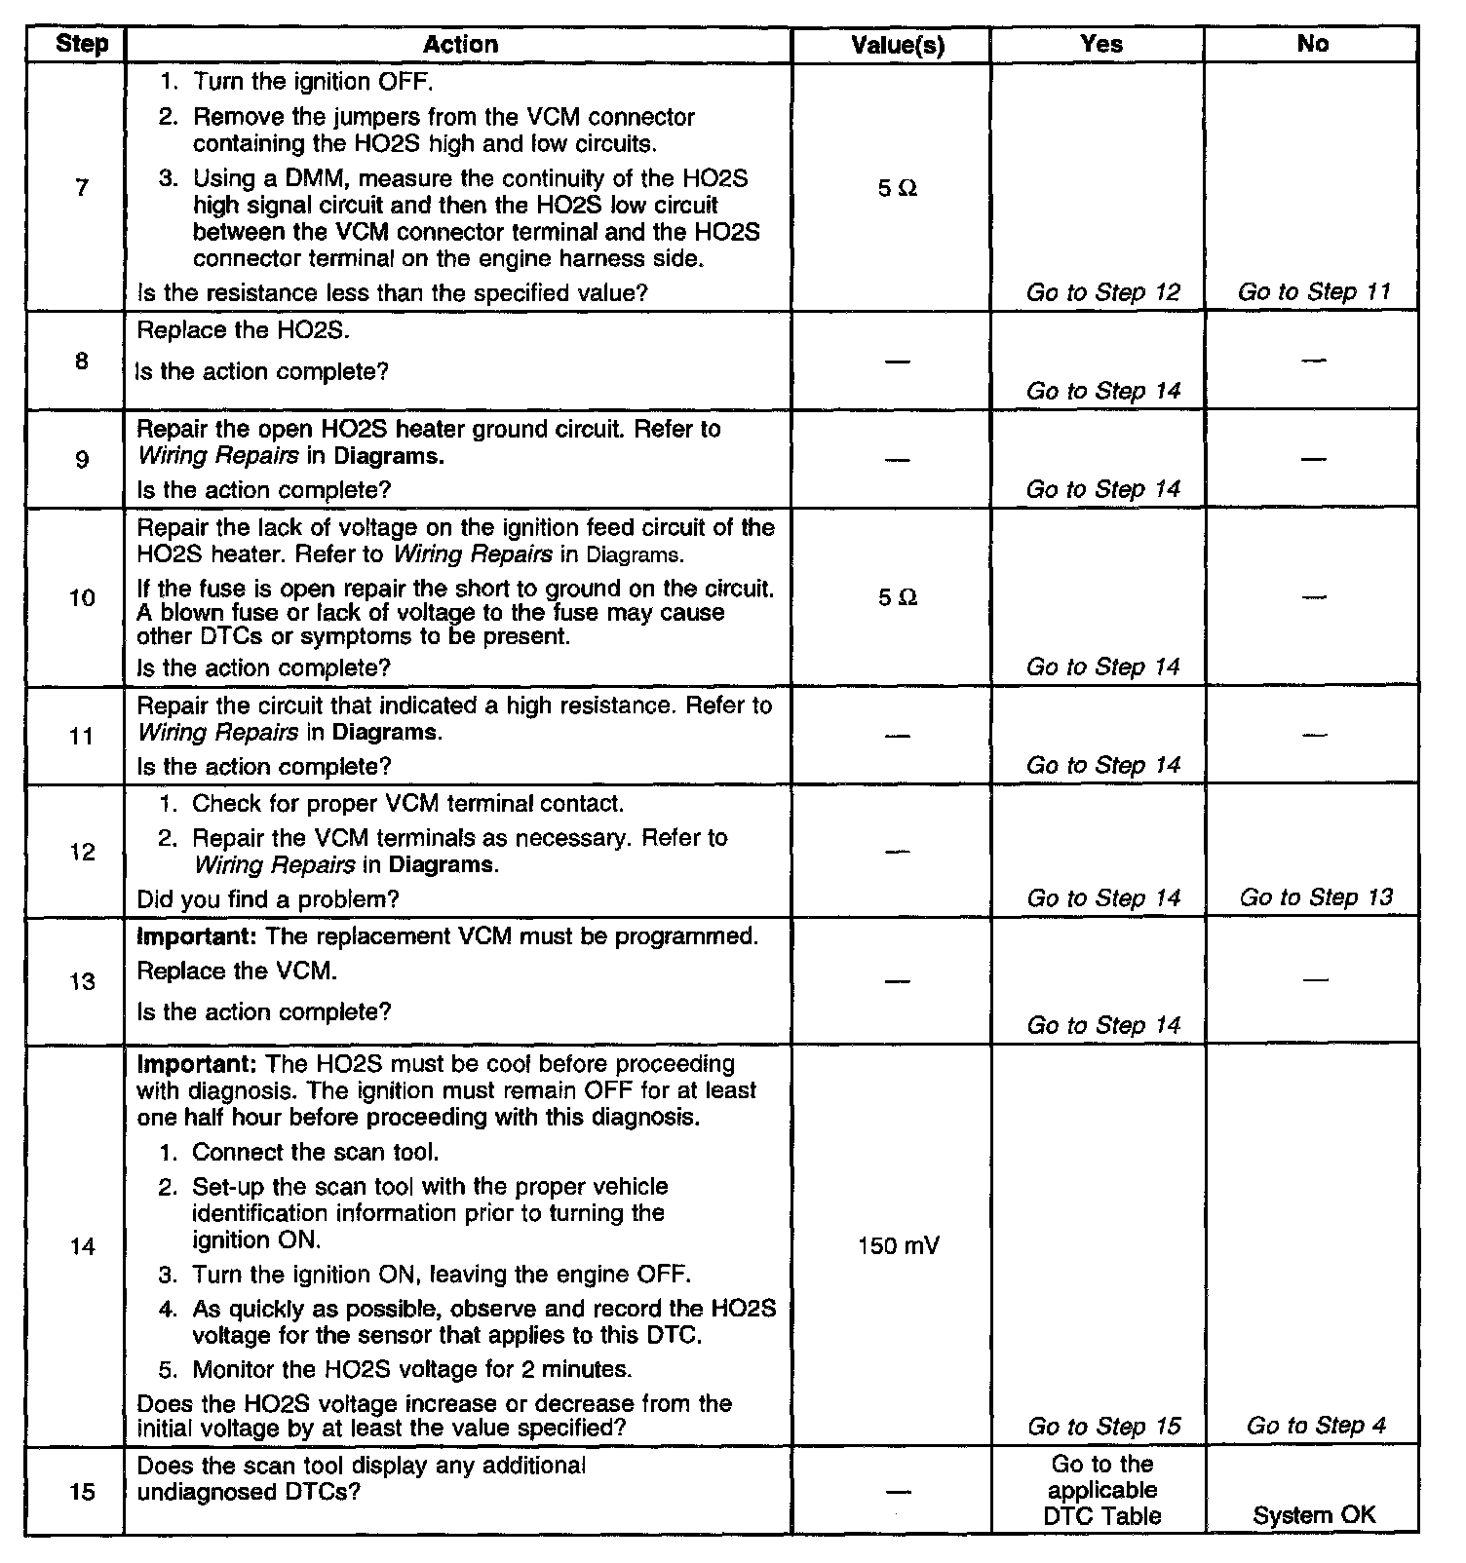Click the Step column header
pos(82,44)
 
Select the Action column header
pos(460,44)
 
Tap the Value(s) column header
pos(897,45)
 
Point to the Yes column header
pos(1101,44)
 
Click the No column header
pos(1312,44)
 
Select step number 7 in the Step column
pos(82,187)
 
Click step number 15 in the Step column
pos(83,1492)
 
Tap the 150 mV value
pos(898,1245)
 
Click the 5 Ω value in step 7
pos(897,188)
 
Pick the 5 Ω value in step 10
pos(897,597)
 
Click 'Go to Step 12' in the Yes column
pos(1102,292)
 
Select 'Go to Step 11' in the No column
pos(1313,291)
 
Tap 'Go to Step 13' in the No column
pos(1316,896)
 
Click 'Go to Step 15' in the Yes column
pos(1103,1427)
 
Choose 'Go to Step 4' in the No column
pos(1315,1426)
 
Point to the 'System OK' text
pos(1314,1515)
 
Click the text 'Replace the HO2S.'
pos(243,330)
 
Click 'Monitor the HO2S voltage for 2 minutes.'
pos(411,1369)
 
